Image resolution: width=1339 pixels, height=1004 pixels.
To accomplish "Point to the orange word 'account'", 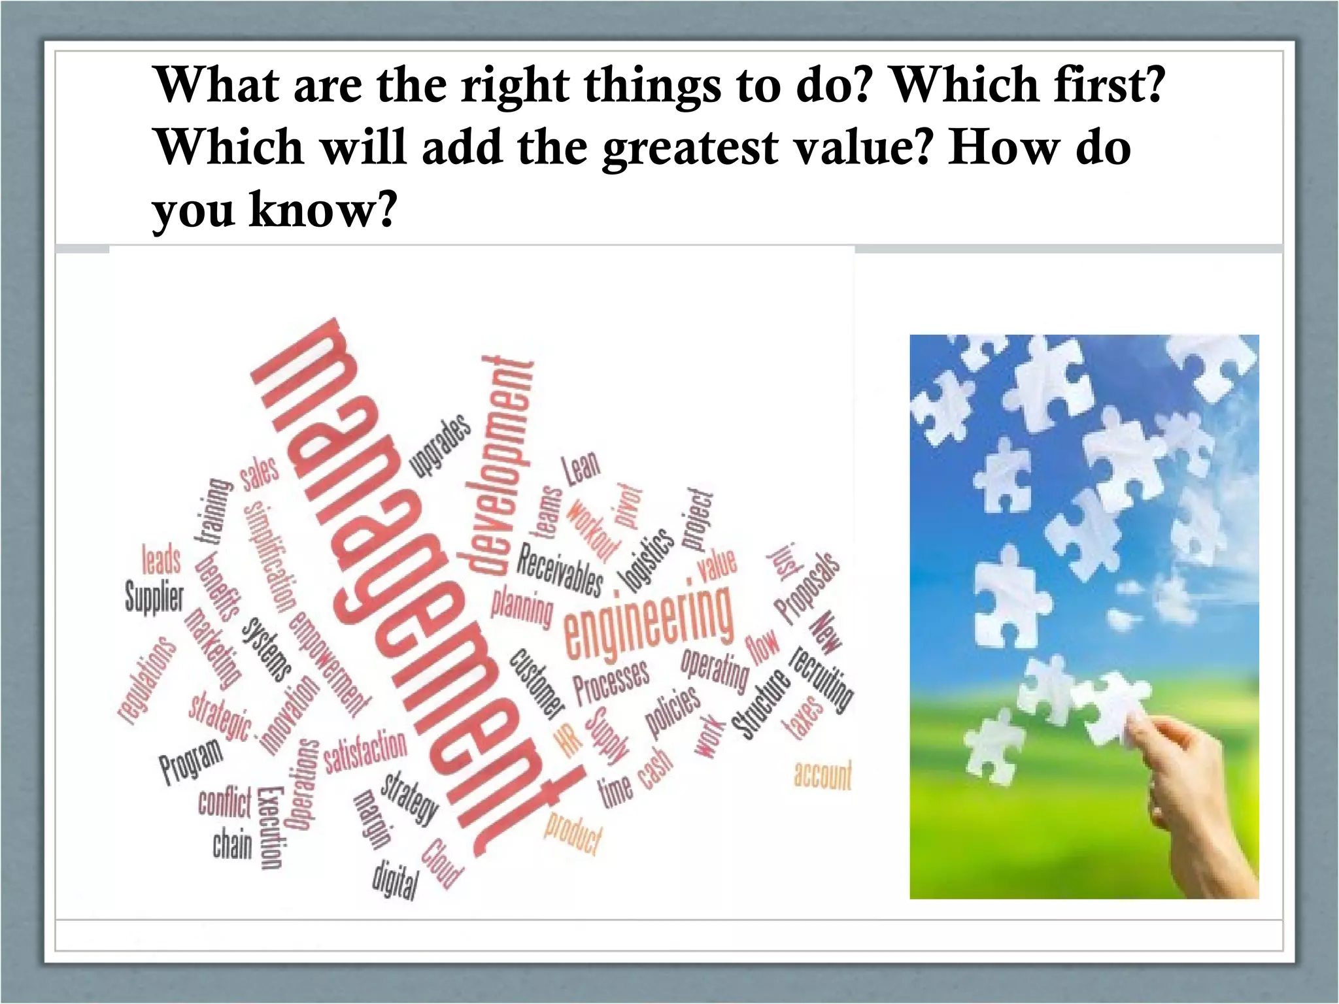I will point(822,775).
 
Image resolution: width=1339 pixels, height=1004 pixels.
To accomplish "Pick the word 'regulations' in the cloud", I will point(148,680).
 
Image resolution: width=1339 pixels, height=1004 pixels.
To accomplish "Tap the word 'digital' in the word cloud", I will point(395,879).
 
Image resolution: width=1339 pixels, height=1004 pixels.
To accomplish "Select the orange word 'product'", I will point(573,834).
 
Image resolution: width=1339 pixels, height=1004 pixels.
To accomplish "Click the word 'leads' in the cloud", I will point(161,559).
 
